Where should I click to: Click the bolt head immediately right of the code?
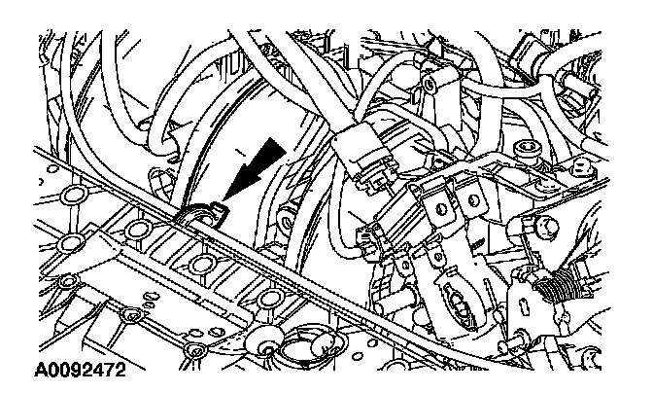196,351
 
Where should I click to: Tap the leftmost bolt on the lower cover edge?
66,282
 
